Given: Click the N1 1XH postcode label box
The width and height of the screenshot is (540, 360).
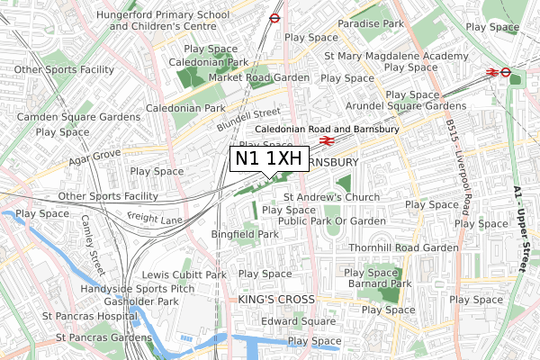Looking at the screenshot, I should click(267, 158).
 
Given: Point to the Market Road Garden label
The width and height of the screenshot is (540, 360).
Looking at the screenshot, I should click(259, 78).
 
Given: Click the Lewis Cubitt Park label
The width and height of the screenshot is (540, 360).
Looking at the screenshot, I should click(184, 274).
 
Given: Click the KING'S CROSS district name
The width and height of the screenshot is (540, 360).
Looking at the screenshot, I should click(276, 299).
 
